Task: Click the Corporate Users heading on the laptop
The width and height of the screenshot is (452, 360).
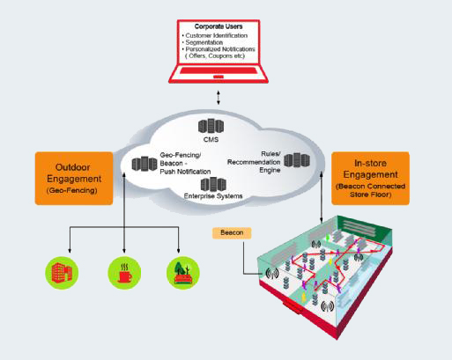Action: [219, 26]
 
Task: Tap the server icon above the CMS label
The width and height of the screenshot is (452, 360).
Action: [211, 126]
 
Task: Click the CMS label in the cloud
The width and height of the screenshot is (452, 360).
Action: [211, 139]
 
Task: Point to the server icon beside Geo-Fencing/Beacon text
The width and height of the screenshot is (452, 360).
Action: [144, 164]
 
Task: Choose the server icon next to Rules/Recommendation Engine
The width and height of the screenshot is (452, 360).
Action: [297, 160]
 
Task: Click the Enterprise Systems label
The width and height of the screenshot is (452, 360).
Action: [213, 196]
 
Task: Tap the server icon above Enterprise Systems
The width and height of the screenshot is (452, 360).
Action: [213, 185]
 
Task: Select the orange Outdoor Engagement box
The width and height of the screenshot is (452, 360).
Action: [74, 179]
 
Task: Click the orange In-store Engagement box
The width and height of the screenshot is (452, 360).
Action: [370, 179]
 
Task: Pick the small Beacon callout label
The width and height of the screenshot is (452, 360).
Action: [232, 233]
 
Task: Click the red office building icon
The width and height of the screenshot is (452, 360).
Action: [62, 273]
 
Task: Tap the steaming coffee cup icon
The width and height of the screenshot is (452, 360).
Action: [124, 273]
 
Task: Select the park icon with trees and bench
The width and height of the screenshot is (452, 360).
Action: [183, 273]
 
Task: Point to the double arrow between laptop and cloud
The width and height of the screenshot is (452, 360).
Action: [219, 98]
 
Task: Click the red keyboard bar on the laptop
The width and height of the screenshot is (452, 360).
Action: [219, 70]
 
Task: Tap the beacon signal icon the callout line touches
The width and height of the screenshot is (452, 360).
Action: [272, 274]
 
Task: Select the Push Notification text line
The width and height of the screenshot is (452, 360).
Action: [185, 172]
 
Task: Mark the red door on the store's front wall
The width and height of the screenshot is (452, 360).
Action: [293, 307]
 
